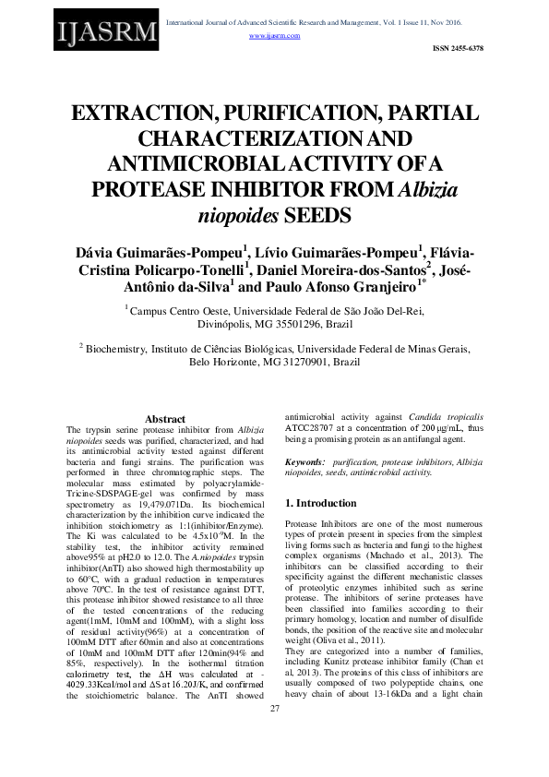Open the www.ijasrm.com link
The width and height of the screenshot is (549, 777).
(x=275, y=35)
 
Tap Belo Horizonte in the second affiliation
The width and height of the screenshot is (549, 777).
(x=227, y=363)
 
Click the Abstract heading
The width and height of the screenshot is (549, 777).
(x=165, y=419)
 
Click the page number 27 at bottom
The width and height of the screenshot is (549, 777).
(x=274, y=759)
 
